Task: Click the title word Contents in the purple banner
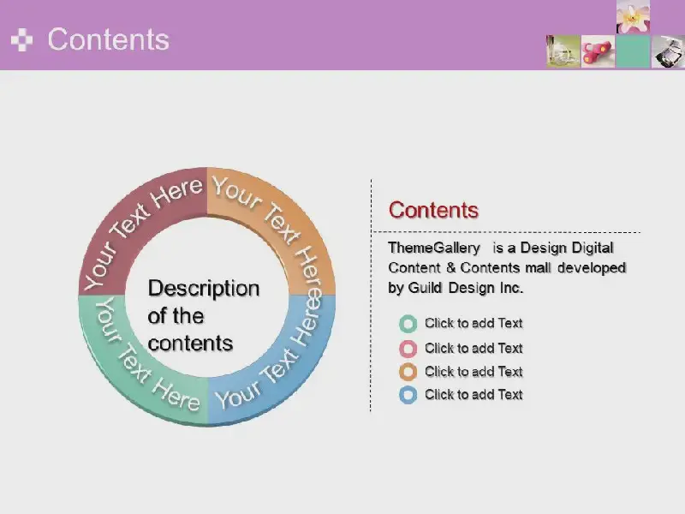click(109, 39)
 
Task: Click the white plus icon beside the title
click(22, 39)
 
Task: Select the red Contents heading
click(433, 210)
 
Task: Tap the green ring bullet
click(408, 324)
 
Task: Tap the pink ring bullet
click(408, 349)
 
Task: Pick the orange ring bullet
click(408, 372)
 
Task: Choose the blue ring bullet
click(408, 395)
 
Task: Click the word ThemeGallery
click(434, 248)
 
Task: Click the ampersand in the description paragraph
click(451, 267)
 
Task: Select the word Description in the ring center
click(204, 289)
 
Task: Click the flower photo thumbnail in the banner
click(633, 16)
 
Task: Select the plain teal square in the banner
click(633, 51)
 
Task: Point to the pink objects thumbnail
click(598, 51)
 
